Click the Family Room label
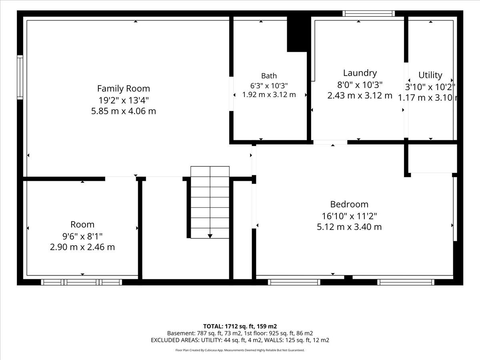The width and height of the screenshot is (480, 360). [x=124, y=88]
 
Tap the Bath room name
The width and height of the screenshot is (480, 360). [x=269, y=76]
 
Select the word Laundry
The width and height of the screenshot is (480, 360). [x=360, y=73]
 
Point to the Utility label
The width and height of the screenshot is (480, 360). [x=430, y=75]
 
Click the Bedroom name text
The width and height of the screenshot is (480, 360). [x=349, y=204]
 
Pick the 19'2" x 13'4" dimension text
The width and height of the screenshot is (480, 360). [x=124, y=100]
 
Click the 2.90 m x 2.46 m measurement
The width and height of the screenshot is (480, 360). [x=82, y=247]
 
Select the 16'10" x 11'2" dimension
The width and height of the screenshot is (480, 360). [x=349, y=216]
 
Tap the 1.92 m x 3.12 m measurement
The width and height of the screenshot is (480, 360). [x=269, y=95]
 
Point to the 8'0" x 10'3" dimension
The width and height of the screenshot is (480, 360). [x=360, y=85]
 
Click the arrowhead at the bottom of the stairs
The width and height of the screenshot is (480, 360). [x=210, y=236]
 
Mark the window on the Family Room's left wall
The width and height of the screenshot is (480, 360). [x=20, y=77]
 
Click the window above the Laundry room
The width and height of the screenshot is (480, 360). [x=368, y=14]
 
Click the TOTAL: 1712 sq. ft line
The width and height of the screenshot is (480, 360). [x=240, y=326]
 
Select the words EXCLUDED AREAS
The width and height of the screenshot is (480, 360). [x=175, y=340]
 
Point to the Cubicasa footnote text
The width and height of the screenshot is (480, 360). [x=240, y=350]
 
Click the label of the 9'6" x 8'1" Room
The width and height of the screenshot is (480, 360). [x=82, y=224]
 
